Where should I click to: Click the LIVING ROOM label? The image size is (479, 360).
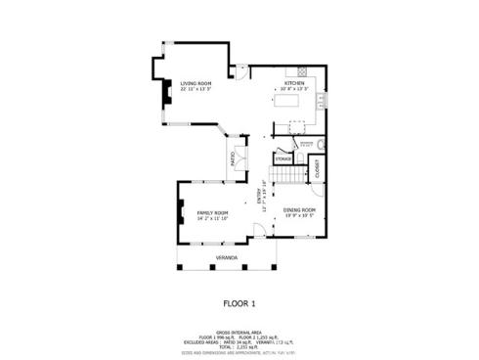tap(196, 85)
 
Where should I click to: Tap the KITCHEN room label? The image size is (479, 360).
tap(294, 84)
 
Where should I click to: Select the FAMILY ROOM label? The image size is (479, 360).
tap(212, 213)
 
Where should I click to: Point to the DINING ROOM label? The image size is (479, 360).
tap(299, 210)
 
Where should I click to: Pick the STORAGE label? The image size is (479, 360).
tap(283, 158)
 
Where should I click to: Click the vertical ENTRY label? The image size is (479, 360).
tap(261, 200)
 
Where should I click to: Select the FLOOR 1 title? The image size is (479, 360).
tap(239, 303)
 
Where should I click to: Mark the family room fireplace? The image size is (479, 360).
tap(180, 212)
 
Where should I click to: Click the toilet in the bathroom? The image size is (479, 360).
tap(321, 146)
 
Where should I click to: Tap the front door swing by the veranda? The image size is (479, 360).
tap(258, 231)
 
